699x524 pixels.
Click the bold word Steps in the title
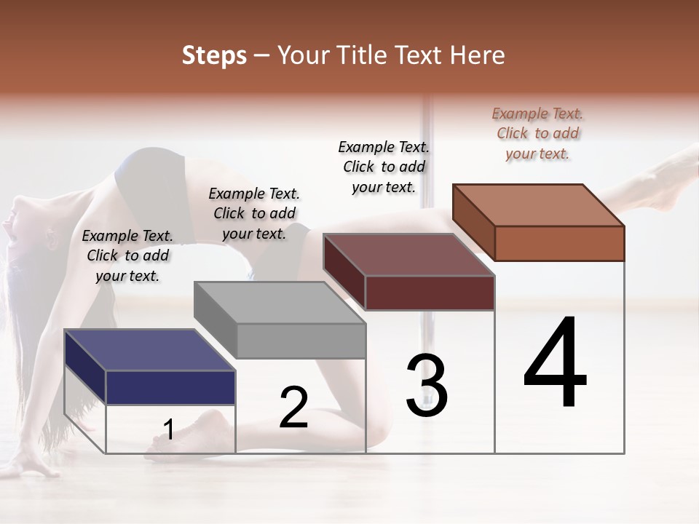coord(214,55)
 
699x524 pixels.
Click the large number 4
coord(555,364)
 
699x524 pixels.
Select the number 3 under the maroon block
coord(426,386)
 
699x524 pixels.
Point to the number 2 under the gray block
coord(293,408)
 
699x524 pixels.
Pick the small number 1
coord(168,429)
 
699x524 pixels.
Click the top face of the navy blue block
coord(149,349)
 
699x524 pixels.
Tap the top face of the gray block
coord(279,302)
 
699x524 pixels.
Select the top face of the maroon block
coord(408,255)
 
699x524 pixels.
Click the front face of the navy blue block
coord(170,387)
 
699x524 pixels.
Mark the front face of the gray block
coord(301,341)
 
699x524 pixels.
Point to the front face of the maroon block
coord(430,293)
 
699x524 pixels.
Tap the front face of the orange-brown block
coord(559,243)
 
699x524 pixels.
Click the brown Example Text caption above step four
coord(537,133)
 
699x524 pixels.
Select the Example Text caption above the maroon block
coord(384,167)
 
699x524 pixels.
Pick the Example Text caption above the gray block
coord(254,213)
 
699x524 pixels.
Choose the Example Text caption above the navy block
coord(127,255)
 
